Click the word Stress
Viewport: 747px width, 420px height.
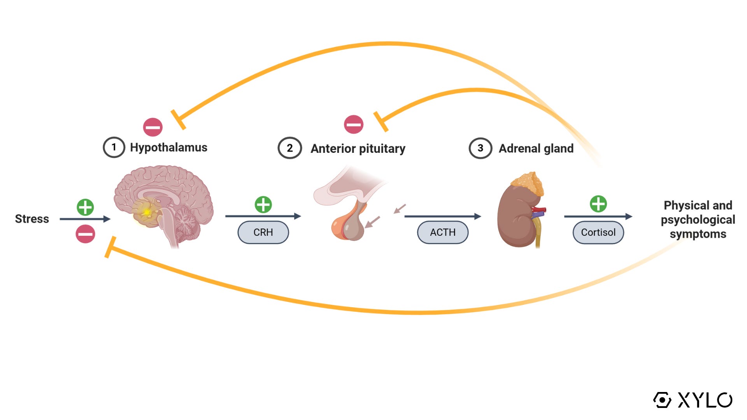(32, 219)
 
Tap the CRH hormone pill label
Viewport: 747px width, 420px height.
(263, 232)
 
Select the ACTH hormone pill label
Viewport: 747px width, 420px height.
(442, 232)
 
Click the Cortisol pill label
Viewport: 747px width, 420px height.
(598, 232)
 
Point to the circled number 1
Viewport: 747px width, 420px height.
(114, 147)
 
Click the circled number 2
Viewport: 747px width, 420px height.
(289, 148)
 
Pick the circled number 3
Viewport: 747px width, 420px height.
(480, 148)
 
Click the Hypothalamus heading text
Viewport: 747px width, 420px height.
(168, 147)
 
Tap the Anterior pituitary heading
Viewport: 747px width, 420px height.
(358, 149)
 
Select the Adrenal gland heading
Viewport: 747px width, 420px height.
(536, 149)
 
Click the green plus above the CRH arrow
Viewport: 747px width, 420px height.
(263, 205)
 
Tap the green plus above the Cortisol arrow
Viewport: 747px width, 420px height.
(598, 203)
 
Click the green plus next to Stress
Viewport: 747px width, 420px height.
(85, 207)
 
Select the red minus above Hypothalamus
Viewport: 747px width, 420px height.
(153, 127)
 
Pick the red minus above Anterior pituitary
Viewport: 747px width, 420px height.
(354, 124)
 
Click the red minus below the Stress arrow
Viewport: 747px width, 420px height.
(85, 234)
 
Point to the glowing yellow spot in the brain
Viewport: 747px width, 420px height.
(147, 212)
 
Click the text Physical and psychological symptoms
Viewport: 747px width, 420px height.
(698, 219)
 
